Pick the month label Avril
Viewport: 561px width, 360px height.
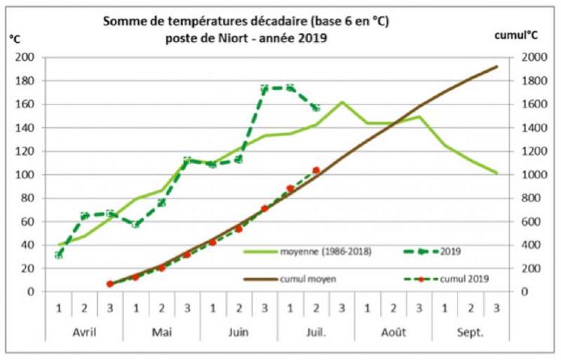tap(83, 331)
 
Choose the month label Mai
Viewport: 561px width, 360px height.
tap(161, 331)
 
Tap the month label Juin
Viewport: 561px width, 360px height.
tap(238, 331)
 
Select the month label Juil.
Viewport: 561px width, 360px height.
tap(315, 331)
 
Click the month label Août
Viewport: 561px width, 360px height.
tap(392, 331)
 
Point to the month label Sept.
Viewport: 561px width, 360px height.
tap(469, 331)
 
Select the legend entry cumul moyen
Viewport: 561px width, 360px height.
tap(308, 279)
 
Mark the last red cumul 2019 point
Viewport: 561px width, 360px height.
tap(316, 170)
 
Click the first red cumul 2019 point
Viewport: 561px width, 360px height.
tap(110, 284)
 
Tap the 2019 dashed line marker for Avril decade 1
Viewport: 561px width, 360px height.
tap(59, 255)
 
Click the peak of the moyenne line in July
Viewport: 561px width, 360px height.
tap(342, 102)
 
